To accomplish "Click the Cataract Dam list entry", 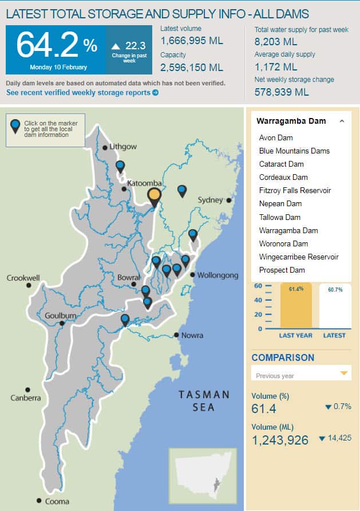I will coord(281,164).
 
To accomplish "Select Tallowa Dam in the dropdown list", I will coord(279,217).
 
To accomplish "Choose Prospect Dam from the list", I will coord(282,270).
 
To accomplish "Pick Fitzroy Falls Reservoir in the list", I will coord(295,190).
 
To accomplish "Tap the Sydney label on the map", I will coord(209,200).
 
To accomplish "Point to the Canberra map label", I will coord(26,398).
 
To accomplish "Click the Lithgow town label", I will coord(123,147).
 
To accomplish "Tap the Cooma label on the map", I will coord(57,501).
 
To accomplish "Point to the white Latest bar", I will coord(335,306).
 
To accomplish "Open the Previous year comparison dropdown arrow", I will coord(344,374).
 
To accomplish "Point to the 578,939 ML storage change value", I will coord(281,92).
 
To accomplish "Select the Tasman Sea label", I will coord(204,401).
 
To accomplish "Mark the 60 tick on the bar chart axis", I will coord(258,286).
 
